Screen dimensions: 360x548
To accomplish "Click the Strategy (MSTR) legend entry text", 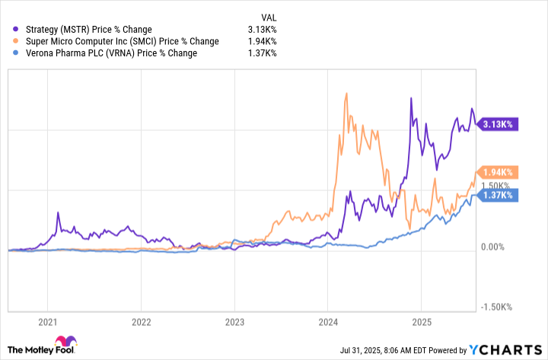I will [x=89, y=30].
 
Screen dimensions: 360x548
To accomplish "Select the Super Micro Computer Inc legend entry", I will [x=117, y=41].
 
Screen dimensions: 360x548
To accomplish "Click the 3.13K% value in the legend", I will [x=263, y=30].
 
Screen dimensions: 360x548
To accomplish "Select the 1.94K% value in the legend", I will [x=263, y=41].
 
